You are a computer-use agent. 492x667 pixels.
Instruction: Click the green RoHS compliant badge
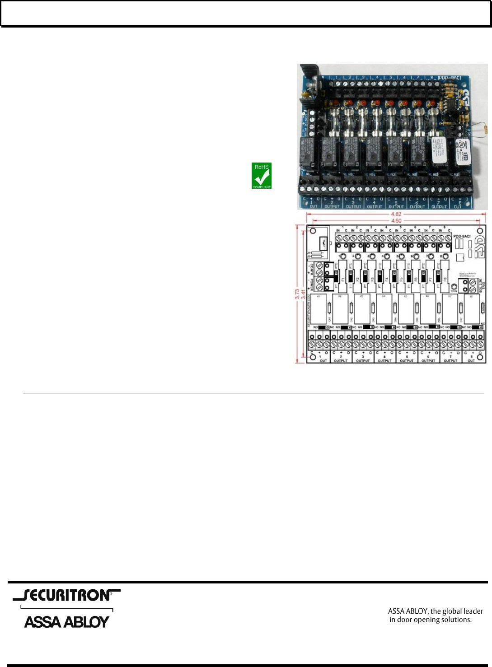click(x=262, y=176)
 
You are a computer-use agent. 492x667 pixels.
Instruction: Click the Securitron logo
click(x=67, y=595)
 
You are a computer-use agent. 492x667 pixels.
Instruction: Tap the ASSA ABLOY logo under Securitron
click(x=67, y=622)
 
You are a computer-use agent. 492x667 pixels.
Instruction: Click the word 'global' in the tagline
click(x=452, y=611)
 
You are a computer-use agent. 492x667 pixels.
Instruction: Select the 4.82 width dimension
click(x=396, y=215)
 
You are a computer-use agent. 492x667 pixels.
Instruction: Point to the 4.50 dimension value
click(x=396, y=221)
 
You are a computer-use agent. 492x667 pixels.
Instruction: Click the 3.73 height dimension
click(x=297, y=294)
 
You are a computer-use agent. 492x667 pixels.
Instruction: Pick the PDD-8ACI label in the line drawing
click(x=462, y=236)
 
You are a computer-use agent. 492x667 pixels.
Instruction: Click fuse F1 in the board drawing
click(x=343, y=279)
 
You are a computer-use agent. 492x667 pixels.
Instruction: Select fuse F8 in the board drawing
click(x=445, y=279)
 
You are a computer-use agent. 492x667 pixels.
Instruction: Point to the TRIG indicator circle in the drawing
click(x=454, y=286)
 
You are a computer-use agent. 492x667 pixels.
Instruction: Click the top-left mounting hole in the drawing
click(x=313, y=231)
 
